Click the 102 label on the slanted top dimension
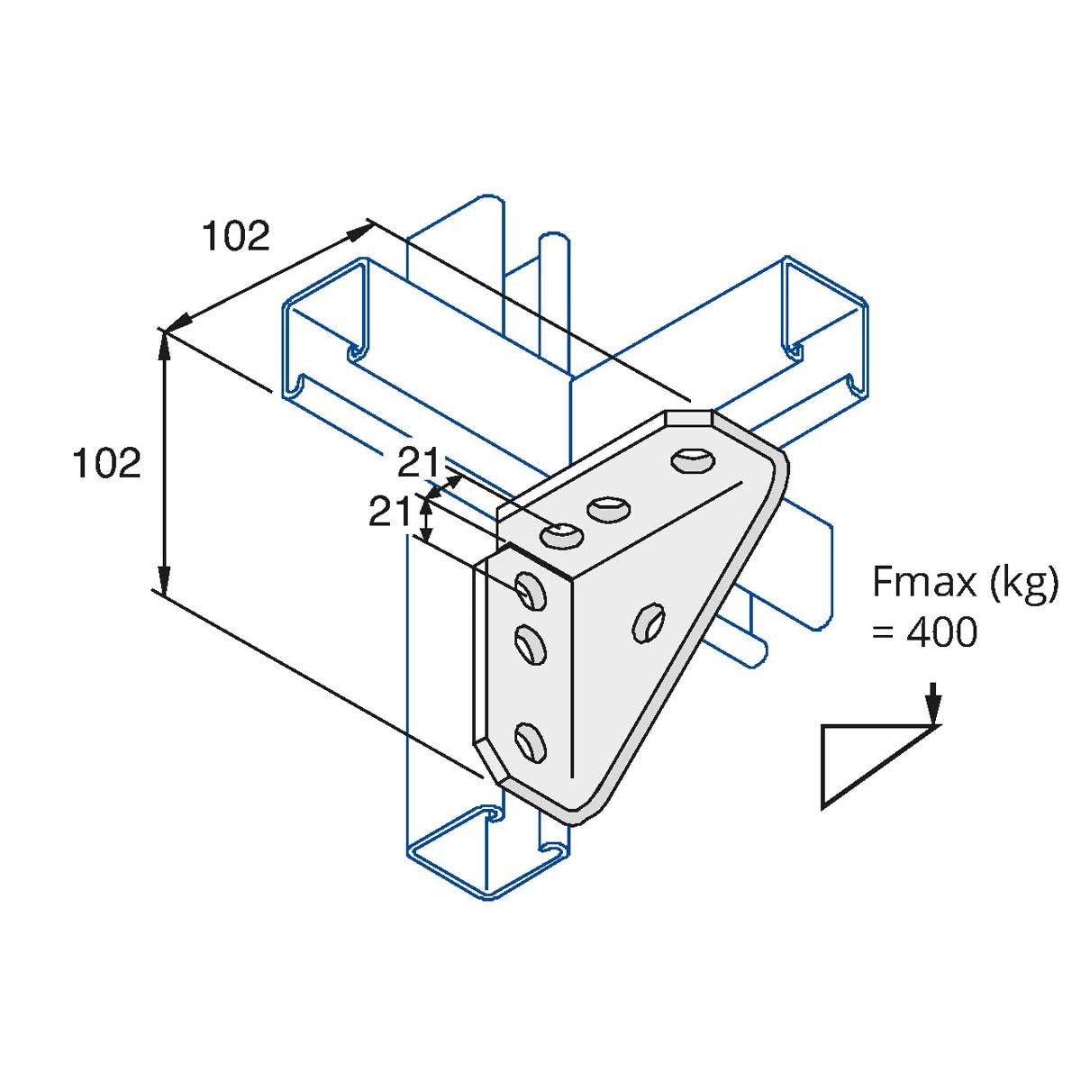click(x=235, y=237)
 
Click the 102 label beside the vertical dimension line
click(x=106, y=463)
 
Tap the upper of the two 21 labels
click(x=421, y=464)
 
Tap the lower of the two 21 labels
click(x=390, y=513)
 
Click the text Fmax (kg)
click(x=964, y=583)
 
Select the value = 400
click(x=924, y=633)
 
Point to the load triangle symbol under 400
click(x=865, y=761)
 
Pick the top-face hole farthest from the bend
click(x=693, y=459)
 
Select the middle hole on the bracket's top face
click(x=608, y=510)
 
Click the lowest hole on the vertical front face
click(x=530, y=741)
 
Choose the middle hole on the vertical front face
click(x=530, y=644)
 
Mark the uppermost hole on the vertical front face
click(x=531, y=591)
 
